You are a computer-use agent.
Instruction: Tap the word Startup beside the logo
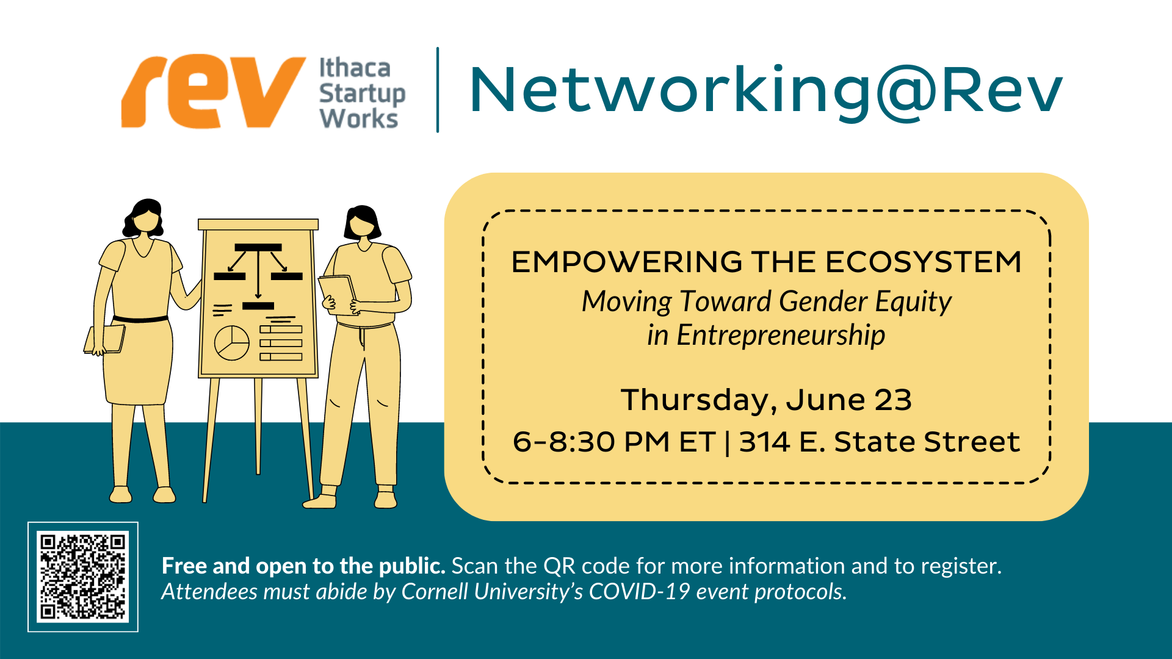362,94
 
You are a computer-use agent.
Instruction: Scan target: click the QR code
83,577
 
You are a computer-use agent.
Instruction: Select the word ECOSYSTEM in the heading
924,262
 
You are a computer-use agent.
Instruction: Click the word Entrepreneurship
781,336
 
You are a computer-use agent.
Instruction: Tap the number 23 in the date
893,400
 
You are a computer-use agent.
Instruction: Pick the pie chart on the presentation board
231,343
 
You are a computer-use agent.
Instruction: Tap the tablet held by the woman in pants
337,294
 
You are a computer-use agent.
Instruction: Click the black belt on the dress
140,319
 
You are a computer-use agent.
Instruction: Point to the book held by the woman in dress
104,339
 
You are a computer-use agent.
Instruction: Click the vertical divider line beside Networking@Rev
438,90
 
